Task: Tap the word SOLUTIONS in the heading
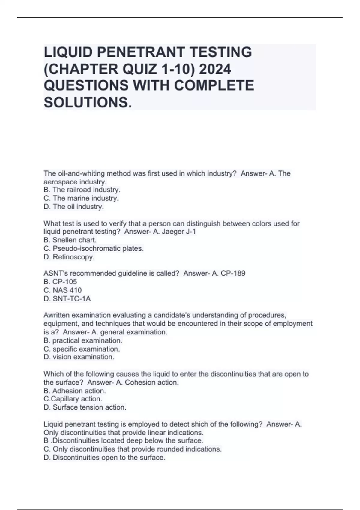88,103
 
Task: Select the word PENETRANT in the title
141,52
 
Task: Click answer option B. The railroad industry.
82,190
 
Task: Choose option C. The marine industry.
81,198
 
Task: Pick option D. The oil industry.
74,207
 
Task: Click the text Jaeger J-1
178,232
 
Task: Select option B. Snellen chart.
70,240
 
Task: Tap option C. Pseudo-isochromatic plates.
94,248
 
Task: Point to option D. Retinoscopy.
69,257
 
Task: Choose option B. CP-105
60,282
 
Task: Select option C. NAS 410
62,290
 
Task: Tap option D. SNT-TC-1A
67,299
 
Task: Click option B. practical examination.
83,340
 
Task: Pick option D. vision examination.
79,357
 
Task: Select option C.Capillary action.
73,399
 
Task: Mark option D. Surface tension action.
85,407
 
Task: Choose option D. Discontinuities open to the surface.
104,457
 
